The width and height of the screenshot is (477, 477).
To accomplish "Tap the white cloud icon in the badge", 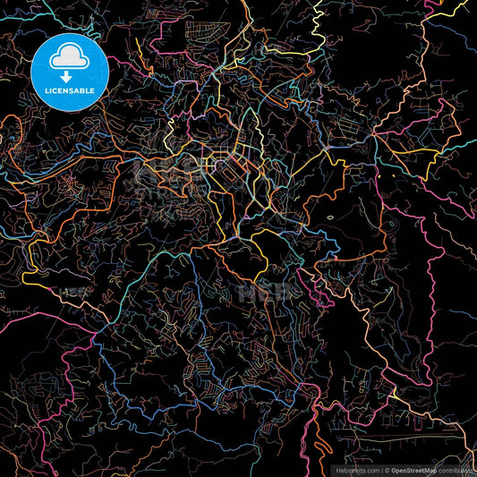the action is pyautogui.click(x=67, y=59).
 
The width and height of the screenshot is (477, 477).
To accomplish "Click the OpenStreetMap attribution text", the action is pyautogui.click(x=412, y=469).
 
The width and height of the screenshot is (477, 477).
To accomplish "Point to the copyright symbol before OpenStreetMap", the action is pyautogui.click(x=386, y=469).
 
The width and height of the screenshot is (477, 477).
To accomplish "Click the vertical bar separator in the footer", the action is pyautogui.click(x=380, y=469).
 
